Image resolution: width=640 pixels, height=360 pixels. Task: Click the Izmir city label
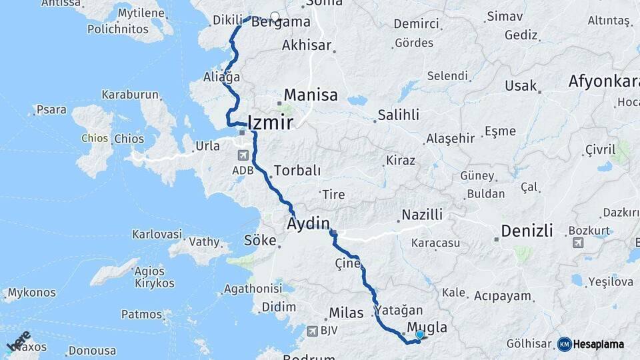tap(270, 122)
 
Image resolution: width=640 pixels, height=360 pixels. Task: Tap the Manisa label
tap(311, 95)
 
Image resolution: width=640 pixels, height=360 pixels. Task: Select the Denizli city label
tap(527, 231)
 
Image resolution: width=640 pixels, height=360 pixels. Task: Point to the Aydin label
tap(309, 223)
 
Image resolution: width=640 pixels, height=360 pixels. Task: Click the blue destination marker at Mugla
tap(420, 335)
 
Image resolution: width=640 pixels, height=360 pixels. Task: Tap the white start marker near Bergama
tap(275, 17)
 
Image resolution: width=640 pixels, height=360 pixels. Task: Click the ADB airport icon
tap(241, 155)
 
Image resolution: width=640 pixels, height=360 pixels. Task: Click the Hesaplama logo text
tap(599, 344)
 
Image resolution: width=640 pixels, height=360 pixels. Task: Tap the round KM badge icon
tap(565, 344)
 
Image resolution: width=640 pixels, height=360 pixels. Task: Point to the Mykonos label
tap(32, 293)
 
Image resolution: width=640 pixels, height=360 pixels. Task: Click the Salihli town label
tap(398, 115)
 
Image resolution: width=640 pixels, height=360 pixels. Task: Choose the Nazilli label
tap(422, 215)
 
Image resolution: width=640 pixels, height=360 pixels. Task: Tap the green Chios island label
tap(94, 139)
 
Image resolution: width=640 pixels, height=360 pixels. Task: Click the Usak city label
tap(521, 86)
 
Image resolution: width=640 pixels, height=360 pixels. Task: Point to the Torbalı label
tap(297, 171)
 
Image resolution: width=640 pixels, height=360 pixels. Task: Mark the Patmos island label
tap(141, 314)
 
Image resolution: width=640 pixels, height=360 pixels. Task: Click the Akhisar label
tap(307, 45)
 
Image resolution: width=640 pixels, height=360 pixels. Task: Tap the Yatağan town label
tap(399, 311)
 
